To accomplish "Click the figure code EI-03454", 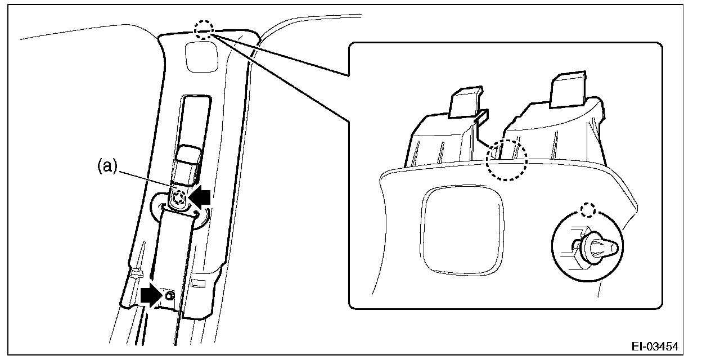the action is [x=655, y=344].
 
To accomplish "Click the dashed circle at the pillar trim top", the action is [x=204, y=31].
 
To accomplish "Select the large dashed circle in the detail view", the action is [x=507, y=160].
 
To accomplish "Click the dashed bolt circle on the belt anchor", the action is [x=179, y=197].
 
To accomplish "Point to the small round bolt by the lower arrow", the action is [x=170, y=295].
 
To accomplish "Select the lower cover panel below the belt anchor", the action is [x=169, y=259].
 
